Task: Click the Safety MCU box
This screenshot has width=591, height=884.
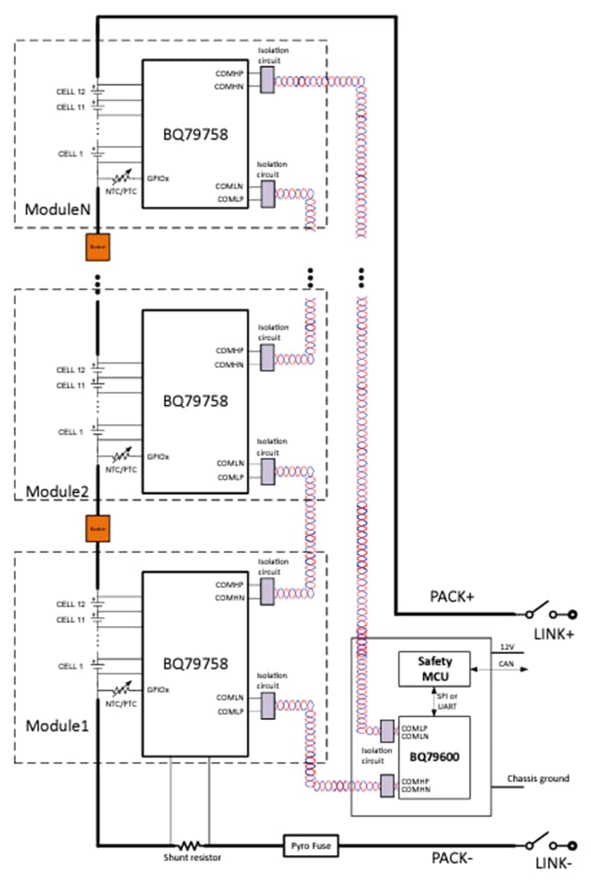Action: pyautogui.click(x=434, y=669)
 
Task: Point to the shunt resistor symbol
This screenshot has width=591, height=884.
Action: pyautogui.click(x=190, y=845)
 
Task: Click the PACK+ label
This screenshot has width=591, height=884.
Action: pyautogui.click(x=452, y=599)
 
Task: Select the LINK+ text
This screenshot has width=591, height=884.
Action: pyautogui.click(x=554, y=635)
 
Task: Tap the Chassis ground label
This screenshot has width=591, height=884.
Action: pyautogui.click(x=538, y=778)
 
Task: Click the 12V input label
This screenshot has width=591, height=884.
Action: pyautogui.click(x=505, y=647)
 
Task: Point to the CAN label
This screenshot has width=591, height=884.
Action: pyautogui.click(x=505, y=664)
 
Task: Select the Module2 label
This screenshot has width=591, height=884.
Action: pyautogui.click(x=54, y=489)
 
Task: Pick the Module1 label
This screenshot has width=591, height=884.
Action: pyautogui.click(x=54, y=726)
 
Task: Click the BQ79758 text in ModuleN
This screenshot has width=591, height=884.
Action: pyautogui.click(x=195, y=135)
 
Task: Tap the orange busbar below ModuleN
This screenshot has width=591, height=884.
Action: pyautogui.click(x=97, y=248)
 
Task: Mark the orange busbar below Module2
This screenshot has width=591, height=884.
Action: pyautogui.click(x=97, y=528)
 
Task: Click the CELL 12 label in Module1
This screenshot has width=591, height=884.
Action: pyautogui.click(x=71, y=604)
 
